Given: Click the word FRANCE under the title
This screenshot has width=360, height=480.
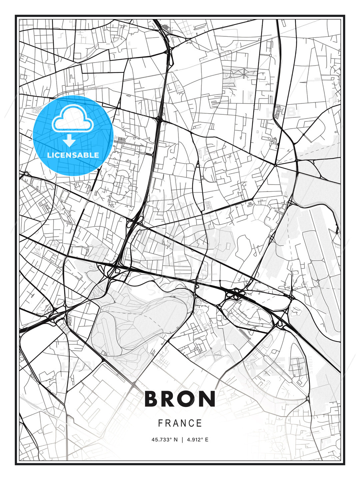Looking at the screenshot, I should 180,423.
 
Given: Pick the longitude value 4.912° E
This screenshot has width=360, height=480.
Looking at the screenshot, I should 197,440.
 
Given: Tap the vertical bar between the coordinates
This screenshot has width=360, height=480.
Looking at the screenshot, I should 182,440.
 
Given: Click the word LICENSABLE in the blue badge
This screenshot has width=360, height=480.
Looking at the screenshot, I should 73,155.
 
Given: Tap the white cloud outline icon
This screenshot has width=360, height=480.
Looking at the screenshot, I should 72,119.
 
